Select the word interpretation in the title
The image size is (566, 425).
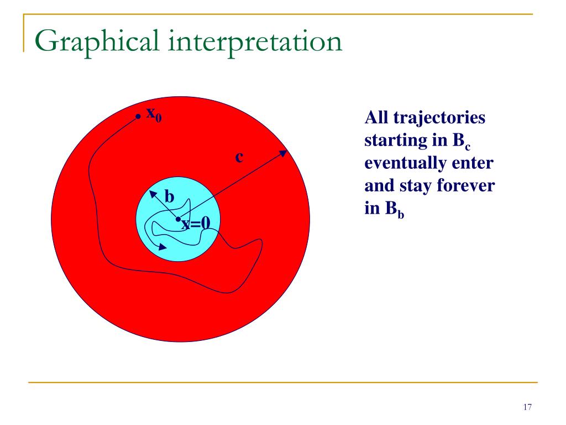tap(260, 43)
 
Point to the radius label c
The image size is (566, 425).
tap(239, 157)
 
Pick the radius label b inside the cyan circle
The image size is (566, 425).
tap(170, 196)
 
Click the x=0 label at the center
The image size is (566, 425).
tap(196, 223)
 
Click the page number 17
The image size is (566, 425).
tap(527, 407)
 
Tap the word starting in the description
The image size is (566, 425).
tap(394, 142)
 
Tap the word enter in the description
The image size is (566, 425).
tap(476, 164)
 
